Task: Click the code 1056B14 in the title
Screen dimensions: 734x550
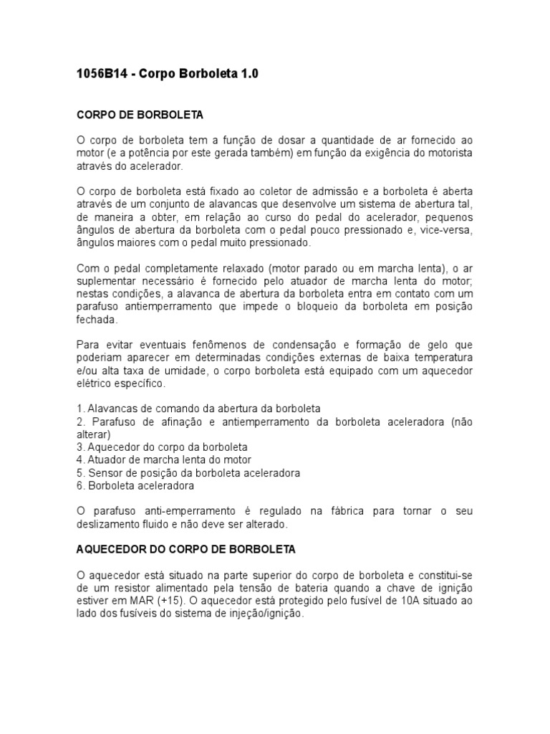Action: point(101,75)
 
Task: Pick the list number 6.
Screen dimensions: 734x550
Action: point(79,486)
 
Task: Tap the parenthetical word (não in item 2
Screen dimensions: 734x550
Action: point(461,421)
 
